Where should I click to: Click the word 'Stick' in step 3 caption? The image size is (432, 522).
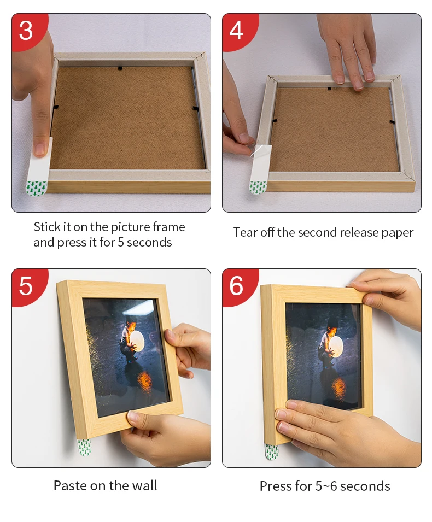(47, 227)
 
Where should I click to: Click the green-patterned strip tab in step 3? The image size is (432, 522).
(37, 188)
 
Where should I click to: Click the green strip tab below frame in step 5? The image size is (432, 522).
(84, 448)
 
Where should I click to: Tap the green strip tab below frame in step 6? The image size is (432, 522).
(272, 451)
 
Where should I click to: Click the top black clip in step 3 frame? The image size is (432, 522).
(120, 68)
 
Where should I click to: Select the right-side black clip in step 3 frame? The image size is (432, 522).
(196, 109)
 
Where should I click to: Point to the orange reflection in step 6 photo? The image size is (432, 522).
(338, 387)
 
